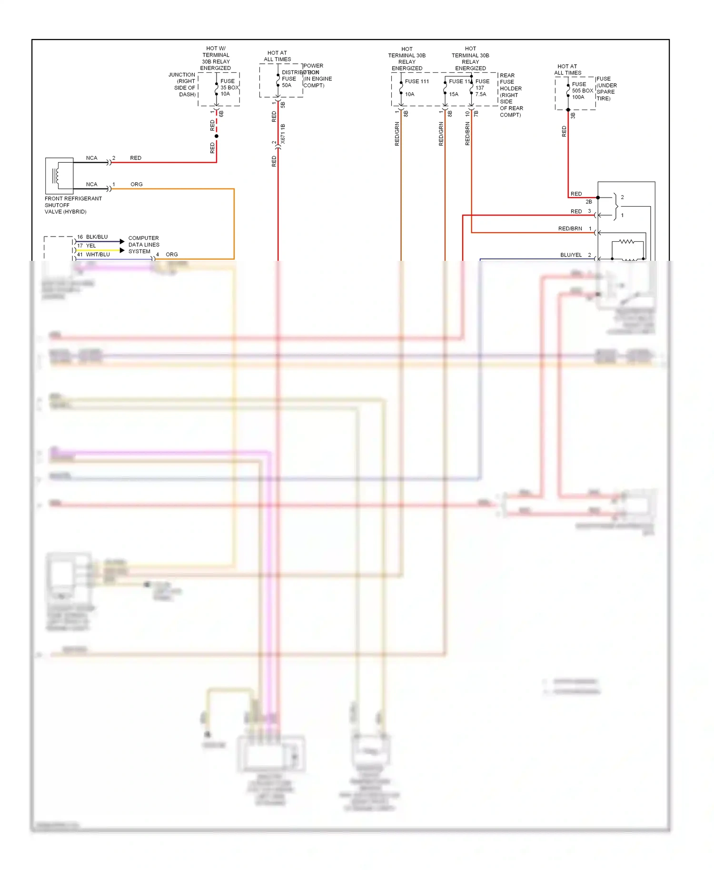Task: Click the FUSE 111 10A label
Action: tap(416, 87)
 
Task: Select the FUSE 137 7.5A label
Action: tap(482, 88)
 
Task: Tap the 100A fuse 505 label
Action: tap(582, 90)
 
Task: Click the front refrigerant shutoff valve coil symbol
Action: tap(57, 176)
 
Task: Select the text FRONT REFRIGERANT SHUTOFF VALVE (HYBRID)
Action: tap(73, 205)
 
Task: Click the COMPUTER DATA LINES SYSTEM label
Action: tap(143, 245)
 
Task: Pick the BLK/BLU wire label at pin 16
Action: tap(97, 237)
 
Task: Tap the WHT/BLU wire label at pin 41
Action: tap(98, 255)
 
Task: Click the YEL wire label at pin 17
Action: tap(91, 246)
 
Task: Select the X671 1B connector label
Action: tap(283, 134)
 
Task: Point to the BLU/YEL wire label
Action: tap(571, 255)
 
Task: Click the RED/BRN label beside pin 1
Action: tap(570, 229)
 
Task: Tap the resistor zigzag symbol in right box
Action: tap(626, 242)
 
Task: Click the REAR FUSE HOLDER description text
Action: tap(511, 95)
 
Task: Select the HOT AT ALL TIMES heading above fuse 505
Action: tap(567, 69)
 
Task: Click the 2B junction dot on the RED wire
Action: tap(598, 198)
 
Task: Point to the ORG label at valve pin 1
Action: tap(136, 184)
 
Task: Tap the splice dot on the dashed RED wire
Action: tap(217, 136)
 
